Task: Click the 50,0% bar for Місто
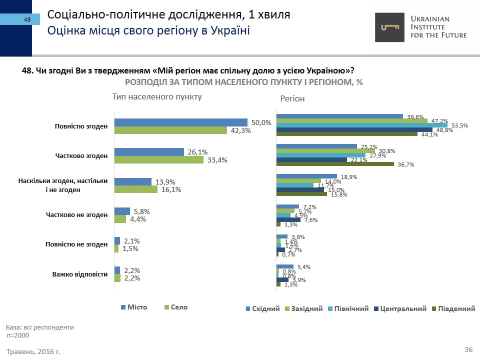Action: click(181, 122)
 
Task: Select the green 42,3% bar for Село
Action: click(170, 130)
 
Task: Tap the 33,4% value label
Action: click(217, 160)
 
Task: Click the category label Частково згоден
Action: click(81, 155)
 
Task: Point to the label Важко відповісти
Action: click(80, 274)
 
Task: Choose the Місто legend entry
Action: click(134, 307)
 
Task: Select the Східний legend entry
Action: click(262, 309)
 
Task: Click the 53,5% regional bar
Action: click(362, 125)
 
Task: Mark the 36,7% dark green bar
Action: click(335, 164)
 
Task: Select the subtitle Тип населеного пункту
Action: click(157, 97)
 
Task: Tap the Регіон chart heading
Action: click(292, 99)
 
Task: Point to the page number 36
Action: click(468, 349)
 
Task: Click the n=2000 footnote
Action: click(18, 335)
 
